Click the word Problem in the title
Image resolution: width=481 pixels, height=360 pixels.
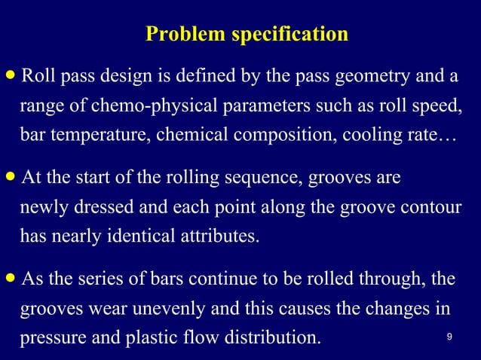[x=179, y=35]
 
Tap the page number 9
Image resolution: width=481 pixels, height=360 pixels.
[x=449, y=337]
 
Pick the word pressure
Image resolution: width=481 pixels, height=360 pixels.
[x=47, y=337]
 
